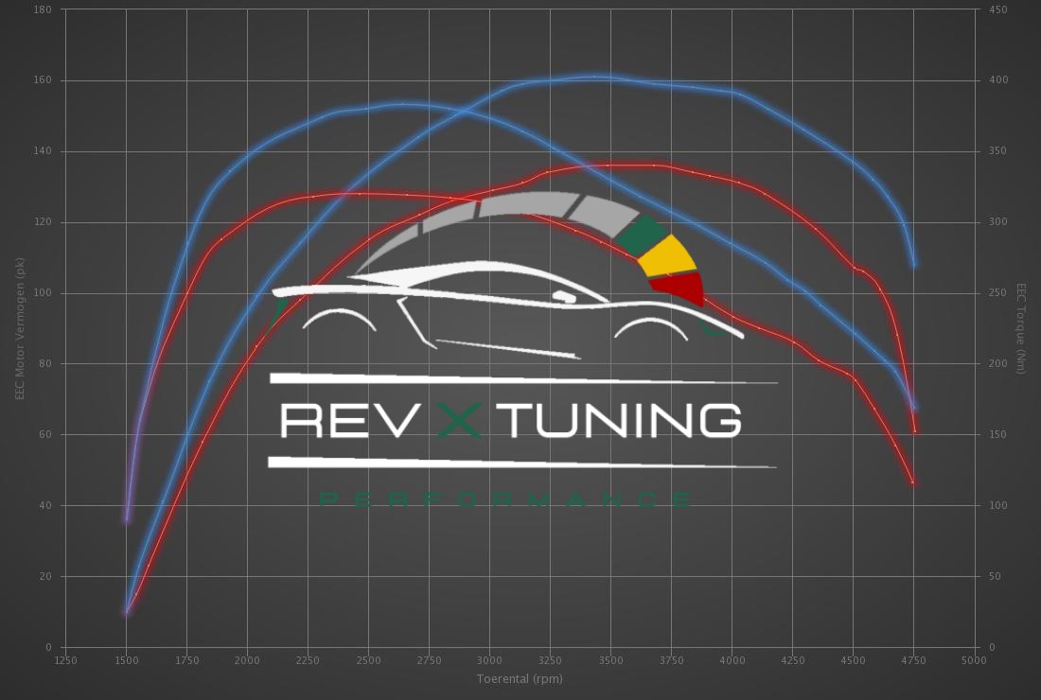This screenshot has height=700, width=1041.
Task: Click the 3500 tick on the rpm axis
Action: pos(610,659)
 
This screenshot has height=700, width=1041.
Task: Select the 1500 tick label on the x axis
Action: pos(126,659)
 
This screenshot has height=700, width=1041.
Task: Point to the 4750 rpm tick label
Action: pos(913,659)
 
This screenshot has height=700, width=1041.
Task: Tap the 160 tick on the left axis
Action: pos(44,80)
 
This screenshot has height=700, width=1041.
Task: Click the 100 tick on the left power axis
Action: pos(44,293)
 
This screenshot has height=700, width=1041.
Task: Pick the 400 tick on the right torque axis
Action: pos(998,80)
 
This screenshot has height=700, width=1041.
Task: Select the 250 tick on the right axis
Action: pos(998,293)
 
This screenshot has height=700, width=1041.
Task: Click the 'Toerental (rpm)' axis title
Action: pos(519,678)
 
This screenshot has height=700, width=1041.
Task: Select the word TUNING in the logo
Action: pos(625,420)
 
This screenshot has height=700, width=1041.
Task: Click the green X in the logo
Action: pos(461,420)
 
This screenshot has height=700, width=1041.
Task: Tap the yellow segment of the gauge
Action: pos(667,254)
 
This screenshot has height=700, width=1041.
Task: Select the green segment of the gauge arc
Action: pos(643,235)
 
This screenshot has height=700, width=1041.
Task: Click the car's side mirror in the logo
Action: pos(564,296)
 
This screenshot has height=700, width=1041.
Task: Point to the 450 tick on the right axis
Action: pos(998,9)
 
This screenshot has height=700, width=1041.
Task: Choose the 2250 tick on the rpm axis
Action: pos(308,659)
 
